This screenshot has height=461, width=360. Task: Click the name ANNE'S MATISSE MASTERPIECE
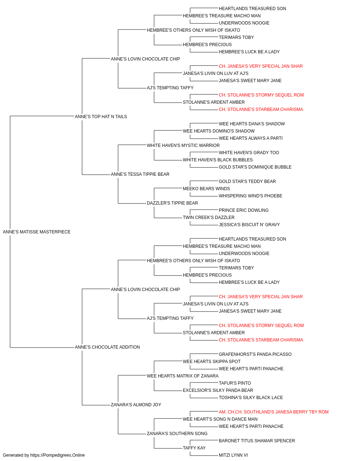(x=37, y=232)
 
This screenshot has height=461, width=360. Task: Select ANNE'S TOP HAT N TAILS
(x=101, y=117)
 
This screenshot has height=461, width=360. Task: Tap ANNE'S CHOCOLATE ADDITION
(x=107, y=347)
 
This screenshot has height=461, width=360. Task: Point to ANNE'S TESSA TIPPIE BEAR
(x=140, y=174)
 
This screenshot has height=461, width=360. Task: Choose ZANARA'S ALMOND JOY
(x=136, y=405)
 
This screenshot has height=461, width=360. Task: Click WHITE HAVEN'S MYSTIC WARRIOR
(x=183, y=146)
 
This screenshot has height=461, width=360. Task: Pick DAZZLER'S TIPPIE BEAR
(x=172, y=203)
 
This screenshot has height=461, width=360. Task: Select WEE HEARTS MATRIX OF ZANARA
(x=183, y=376)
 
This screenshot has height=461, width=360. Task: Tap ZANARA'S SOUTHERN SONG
(x=177, y=434)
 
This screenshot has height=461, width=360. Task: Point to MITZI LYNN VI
(x=233, y=455)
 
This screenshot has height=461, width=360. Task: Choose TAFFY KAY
(x=194, y=448)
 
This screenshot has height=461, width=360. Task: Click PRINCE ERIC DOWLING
(x=244, y=210)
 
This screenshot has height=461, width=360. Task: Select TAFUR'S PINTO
(x=235, y=383)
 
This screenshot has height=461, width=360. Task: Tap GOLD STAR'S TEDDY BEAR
(x=247, y=182)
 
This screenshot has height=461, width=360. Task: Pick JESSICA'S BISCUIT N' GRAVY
(x=249, y=225)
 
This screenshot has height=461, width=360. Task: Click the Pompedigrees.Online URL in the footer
(x=58, y=455)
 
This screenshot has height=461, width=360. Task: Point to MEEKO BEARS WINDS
(x=206, y=189)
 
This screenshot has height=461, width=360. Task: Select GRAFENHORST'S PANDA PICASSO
(x=255, y=354)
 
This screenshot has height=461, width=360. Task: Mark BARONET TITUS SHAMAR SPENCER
(x=257, y=441)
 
